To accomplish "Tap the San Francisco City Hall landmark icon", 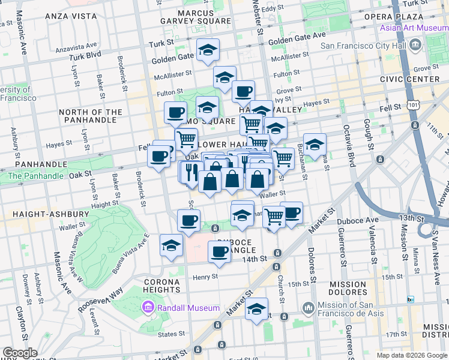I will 415,45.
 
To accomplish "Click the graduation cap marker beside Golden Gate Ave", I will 208,50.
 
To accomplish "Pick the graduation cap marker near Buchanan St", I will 315,145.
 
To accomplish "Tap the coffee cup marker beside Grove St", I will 243,91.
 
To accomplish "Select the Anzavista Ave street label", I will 76,46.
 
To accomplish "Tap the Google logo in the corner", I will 20,353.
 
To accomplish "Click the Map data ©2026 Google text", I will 412,355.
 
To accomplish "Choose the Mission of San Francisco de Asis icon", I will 308,308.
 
